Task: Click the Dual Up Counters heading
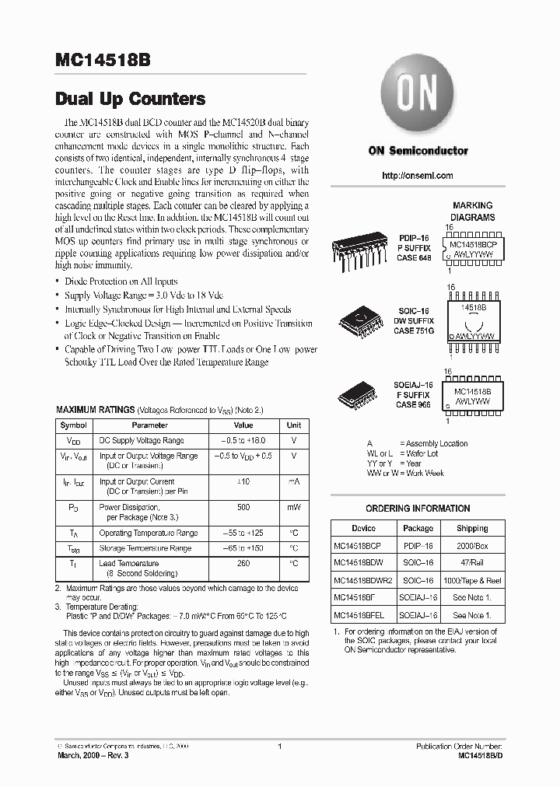coord(130,99)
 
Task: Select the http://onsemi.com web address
coord(418,176)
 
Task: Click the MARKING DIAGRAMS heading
coord(473,212)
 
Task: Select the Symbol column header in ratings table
coord(74,425)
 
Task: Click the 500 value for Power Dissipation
coord(243,507)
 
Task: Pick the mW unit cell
coord(294,507)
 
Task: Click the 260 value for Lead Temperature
coord(243,563)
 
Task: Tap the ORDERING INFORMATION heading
coord(418,509)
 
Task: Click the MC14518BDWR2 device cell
coord(363,580)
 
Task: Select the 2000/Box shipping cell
coord(472,545)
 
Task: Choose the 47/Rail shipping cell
coord(472,563)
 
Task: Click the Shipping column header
coord(472,527)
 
